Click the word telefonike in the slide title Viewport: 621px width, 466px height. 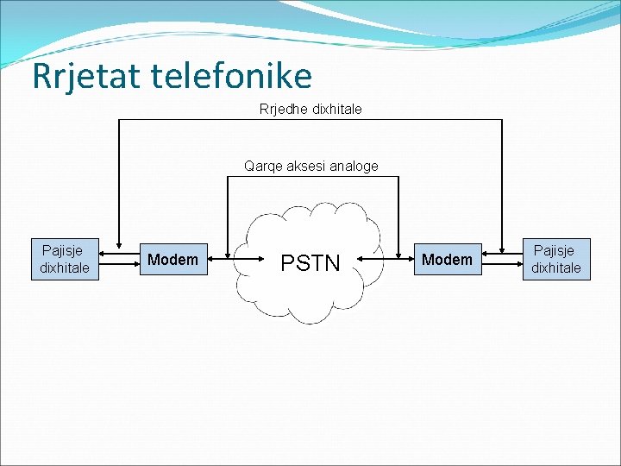coord(230,76)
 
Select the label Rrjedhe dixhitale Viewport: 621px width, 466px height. coord(310,110)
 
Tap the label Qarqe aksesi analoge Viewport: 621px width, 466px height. coord(310,166)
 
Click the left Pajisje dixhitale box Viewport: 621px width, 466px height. coord(65,259)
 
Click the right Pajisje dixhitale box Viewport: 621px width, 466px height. coord(555,259)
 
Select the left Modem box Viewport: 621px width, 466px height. coord(172,259)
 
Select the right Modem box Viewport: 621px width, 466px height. coord(447,259)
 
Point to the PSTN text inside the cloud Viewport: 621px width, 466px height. coord(311,262)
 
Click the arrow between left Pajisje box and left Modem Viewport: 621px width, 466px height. coord(120,255)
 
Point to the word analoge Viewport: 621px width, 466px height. coord(352,166)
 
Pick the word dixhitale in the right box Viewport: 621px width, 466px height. coord(555,268)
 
